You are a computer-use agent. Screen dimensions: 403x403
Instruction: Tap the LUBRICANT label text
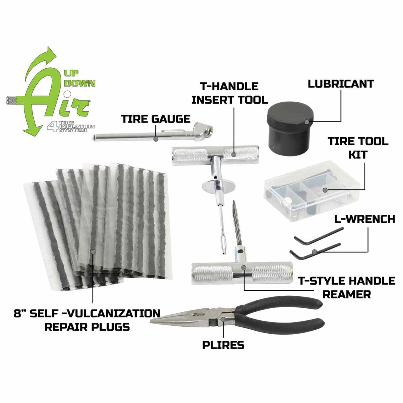pyautogui.click(x=341, y=84)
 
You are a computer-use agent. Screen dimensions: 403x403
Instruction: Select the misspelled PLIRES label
pyautogui.click(x=223, y=345)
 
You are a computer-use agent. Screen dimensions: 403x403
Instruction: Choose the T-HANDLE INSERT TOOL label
pyautogui.click(x=230, y=93)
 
